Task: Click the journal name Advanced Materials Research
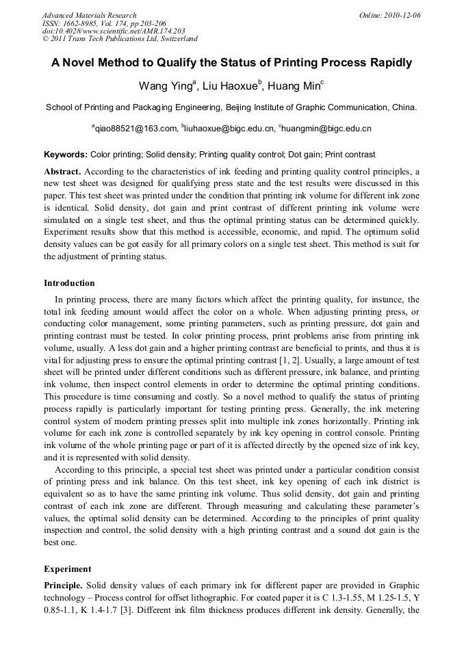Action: click(89, 15)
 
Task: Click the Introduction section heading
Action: click(69, 283)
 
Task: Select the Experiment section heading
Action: click(66, 568)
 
